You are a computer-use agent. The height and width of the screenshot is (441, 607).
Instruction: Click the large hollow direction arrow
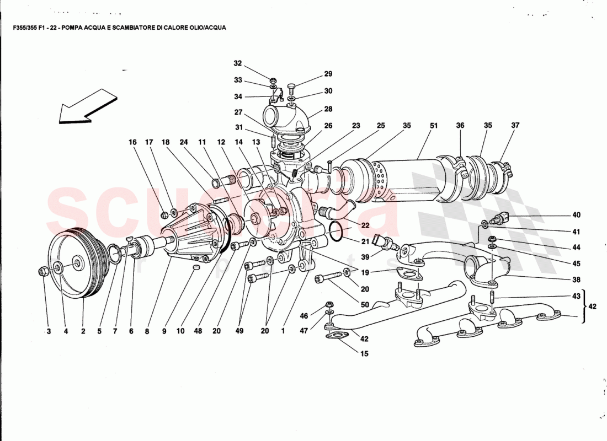click(x=88, y=106)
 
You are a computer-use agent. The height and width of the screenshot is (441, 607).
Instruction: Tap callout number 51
click(x=434, y=126)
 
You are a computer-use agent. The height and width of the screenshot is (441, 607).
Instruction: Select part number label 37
click(x=515, y=126)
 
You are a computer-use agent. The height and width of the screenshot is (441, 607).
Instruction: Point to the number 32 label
click(x=238, y=63)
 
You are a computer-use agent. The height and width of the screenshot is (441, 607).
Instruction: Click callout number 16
click(x=132, y=142)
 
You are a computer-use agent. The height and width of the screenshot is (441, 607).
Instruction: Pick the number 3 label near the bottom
click(x=47, y=331)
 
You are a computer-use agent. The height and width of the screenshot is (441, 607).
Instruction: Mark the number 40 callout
click(x=576, y=215)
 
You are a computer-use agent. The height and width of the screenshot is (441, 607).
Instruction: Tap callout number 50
click(x=364, y=305)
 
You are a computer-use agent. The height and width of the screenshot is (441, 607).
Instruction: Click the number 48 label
click(x=198, y=331)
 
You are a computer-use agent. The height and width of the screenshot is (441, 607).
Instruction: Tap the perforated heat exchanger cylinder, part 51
click(x=397, y=179)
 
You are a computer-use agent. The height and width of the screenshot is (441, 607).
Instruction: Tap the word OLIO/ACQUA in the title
click(x=205, y=26)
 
